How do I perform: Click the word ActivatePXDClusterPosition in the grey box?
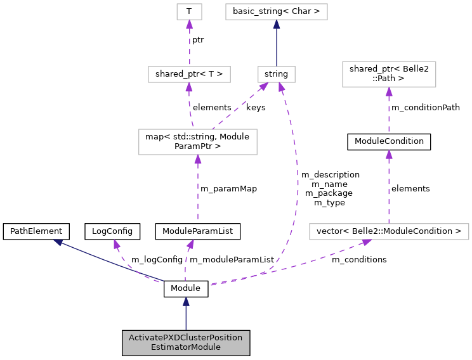(185, 338)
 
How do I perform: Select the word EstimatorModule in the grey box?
(185, 347)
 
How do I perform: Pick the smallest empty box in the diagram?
(189, 11)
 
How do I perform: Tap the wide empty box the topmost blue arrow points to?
(277, 11)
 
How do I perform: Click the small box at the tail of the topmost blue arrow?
(277, 74)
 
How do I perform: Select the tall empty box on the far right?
(389, 74)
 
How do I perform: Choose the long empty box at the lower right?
(389, 232)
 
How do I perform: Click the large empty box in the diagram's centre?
(198, 142)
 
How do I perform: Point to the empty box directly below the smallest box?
(189, 74)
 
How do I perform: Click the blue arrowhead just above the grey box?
(186, 302)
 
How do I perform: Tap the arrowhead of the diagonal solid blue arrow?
(58, 242)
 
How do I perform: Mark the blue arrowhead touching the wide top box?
(277, 25)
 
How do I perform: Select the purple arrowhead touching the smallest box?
(189, 25)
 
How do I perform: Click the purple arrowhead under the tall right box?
(389, 92)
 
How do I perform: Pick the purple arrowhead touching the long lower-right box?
(366, 242)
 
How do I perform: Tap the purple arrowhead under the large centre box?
(198, 160)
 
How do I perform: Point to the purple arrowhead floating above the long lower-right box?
(389, 155)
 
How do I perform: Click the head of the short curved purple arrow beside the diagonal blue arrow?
(117, 244)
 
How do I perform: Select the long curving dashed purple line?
(296, 184)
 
